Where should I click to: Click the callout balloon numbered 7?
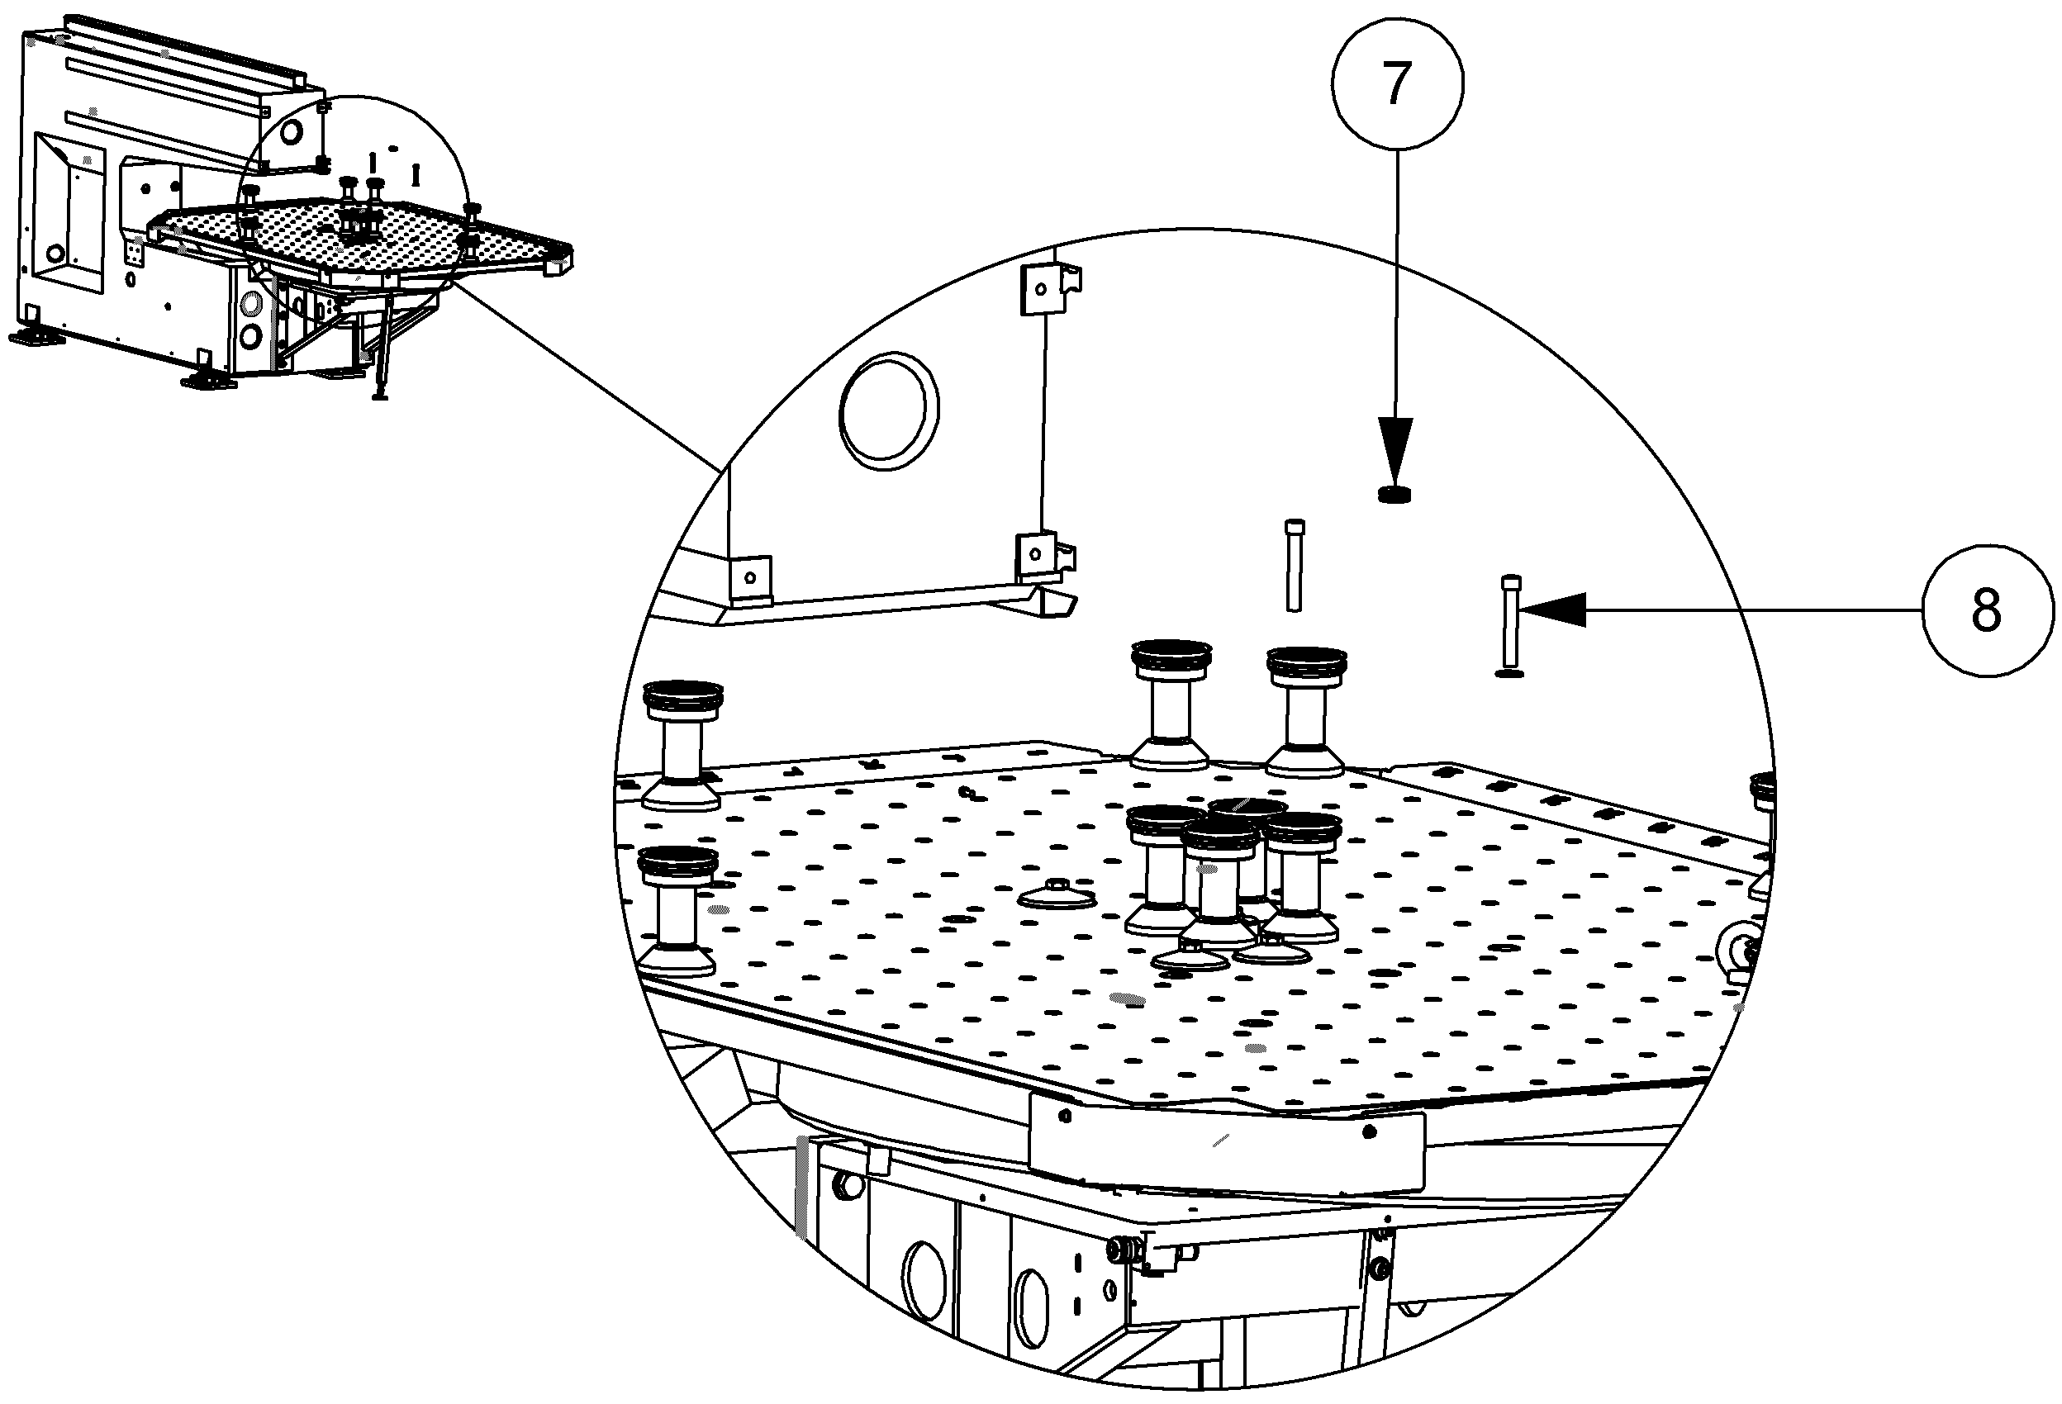point(1396,83)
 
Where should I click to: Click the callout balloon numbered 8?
point(1987,610)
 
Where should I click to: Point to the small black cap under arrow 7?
point(1394,494)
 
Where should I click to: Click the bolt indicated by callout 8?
point(1510,625)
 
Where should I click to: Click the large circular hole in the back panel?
point(889,410)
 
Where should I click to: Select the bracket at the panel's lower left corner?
point(750,578)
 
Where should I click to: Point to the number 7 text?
point(1396,83)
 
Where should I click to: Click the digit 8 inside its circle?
point(1987,610)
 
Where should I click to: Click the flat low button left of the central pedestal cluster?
point(1056,895)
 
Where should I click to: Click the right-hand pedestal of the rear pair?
point(1305,709)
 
